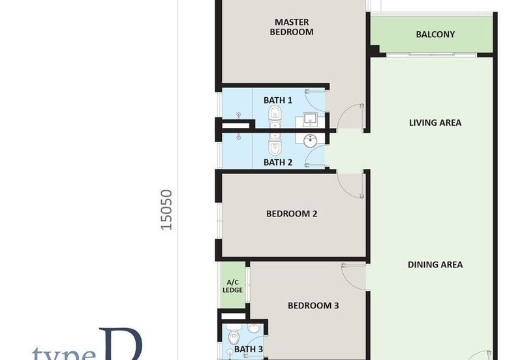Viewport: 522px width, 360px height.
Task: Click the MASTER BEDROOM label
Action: click(x=293, y=27)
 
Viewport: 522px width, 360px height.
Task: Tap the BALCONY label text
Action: click(x=435, y=35)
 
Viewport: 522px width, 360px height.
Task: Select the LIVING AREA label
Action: click(x=435, y=123)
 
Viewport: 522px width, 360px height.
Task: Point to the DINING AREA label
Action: click(x=435, y=264)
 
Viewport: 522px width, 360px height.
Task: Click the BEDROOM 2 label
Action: click(x=292, y=213)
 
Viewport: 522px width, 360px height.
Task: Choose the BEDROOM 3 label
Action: click(x=313, y=305)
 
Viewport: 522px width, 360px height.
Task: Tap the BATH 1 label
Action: click(x=278, y=100)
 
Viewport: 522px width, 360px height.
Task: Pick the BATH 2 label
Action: click(x=278, y=162)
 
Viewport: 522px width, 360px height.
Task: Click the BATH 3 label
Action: click(x=249, y=350)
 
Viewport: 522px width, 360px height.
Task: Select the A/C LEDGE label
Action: click(x=232, y=285)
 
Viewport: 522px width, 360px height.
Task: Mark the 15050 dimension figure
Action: click(x=167, y=209)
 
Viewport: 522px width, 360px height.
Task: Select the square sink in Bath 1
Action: click(x=310, y=119)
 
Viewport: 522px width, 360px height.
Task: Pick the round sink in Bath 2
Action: click(x=310, y=139)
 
